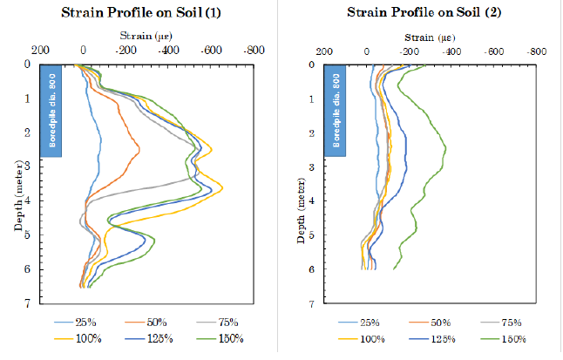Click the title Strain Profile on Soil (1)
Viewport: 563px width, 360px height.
click(x=146, y=12)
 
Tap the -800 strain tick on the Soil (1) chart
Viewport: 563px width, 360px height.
click(x=254, y=50)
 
